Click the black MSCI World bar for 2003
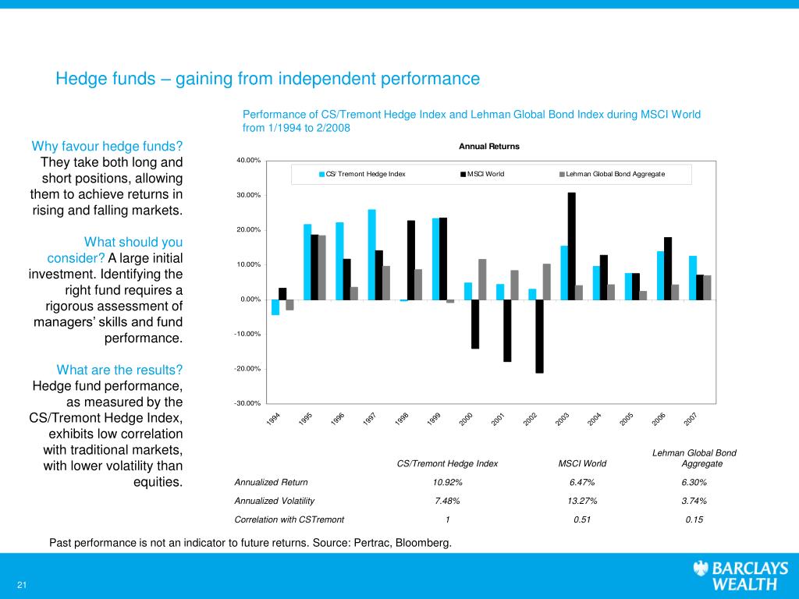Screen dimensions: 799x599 pos(572,246)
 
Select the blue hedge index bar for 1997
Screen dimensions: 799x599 pos(372,255)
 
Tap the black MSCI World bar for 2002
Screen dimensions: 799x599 pos(540,336)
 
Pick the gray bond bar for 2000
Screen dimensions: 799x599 pos(482,279)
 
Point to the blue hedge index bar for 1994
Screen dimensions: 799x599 pos(275,307)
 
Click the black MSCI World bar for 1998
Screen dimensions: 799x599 pos(411,260)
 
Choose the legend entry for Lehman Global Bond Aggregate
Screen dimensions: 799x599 pos(612,174)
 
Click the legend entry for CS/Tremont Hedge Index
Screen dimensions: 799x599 pos(362,174)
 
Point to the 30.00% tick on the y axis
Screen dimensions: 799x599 pos(248,195)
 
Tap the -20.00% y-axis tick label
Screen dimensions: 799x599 pos(247,369)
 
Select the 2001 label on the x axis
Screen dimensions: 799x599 pos(498,419)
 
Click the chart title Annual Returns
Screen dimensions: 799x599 pos(489,146)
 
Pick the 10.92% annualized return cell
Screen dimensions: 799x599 pos(447,482)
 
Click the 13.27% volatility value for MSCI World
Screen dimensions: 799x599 pos(582,502)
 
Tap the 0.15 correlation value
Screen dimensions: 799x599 pos(694,519)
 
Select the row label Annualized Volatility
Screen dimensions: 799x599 pos(274,502)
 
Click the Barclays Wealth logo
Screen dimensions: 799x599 pos(740,575)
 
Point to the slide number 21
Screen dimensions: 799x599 pos(21,585)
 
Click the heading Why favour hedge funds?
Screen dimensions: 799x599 pos(107,146)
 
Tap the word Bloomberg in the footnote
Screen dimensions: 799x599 pos(424,543)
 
